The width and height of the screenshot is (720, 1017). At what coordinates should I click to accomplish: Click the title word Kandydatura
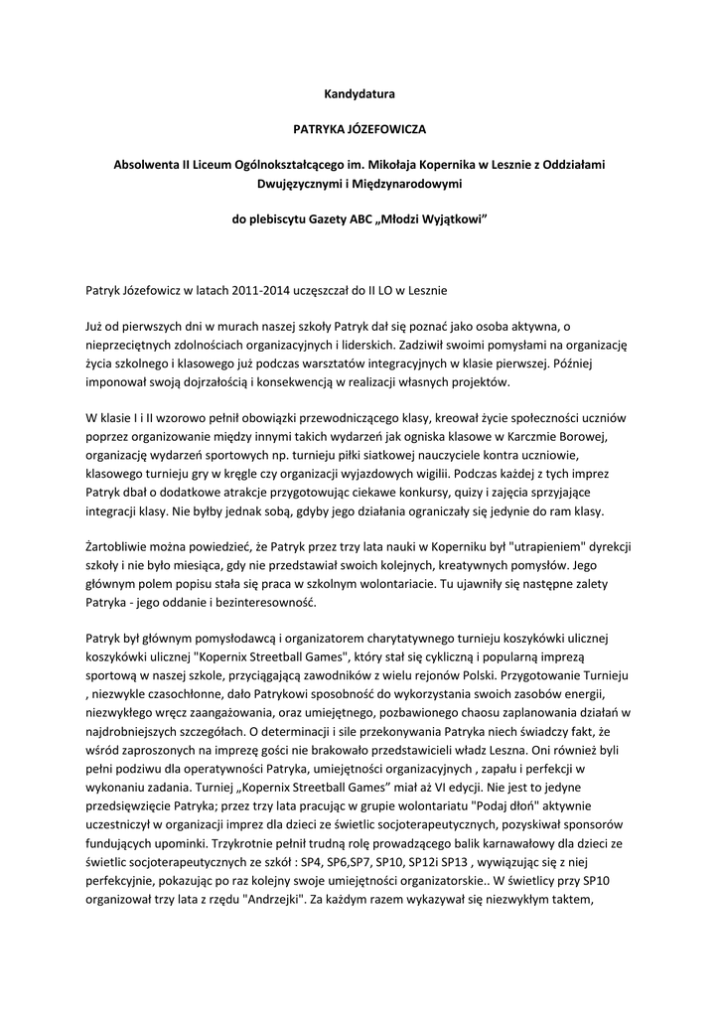pos(360,94)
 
